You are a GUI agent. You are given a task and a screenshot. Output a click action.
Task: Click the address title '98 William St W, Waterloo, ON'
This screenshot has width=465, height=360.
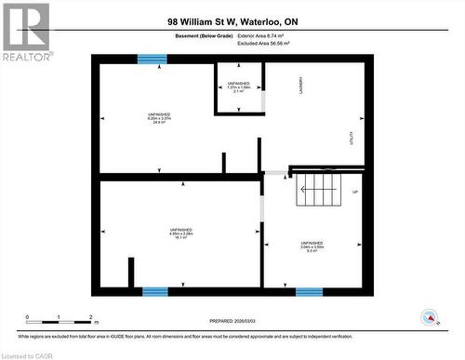[232, 20]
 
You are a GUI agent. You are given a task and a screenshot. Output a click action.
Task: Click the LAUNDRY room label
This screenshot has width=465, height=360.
[303, 84]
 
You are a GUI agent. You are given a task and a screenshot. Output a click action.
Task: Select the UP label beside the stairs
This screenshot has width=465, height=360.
[354, 193]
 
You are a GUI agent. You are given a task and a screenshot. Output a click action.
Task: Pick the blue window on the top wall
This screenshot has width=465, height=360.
[152, 59]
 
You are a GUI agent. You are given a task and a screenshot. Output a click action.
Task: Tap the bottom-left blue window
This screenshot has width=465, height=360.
[155, 291]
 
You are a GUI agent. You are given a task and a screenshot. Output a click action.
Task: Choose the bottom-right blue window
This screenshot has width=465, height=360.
[309, 291]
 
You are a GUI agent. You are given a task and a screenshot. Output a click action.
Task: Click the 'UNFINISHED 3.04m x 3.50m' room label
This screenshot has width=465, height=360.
[312, 246]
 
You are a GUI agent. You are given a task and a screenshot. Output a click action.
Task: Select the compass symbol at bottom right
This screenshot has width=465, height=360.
[430, 316]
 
